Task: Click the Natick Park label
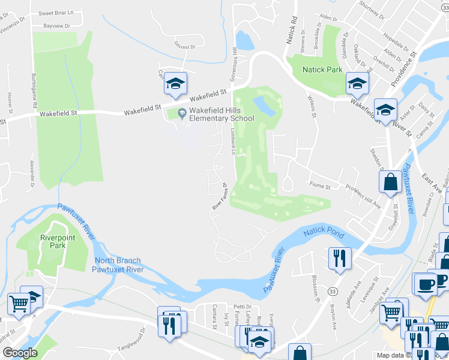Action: pyautogui.click(x=322, y=70)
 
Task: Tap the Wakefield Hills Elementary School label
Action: pyautogui.click(x=221, y=114)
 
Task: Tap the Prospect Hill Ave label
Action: pyautogui.click(x=363, y=196)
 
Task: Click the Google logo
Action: pyautogui.click(x=20, y=353)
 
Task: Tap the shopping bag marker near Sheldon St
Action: pyautogui.click(x=391, y=182)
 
